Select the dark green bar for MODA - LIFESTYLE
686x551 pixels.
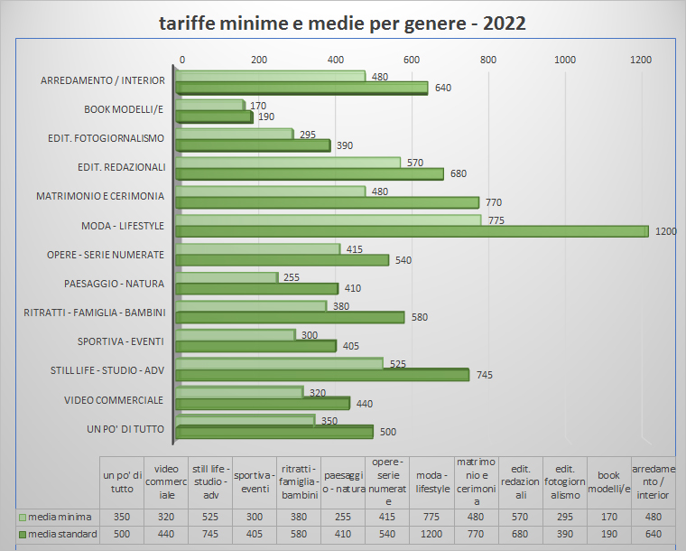[x=411, y=231]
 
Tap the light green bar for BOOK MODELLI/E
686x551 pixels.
[x=209, y=106]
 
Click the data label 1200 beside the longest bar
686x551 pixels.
[x=665, y=231]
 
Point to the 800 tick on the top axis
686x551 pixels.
[x=488, y=60]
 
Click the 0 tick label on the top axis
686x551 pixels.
[x=182, y=60]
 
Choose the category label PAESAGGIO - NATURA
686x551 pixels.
[x=114, y=284]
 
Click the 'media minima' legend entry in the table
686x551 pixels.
[x=56, y=517]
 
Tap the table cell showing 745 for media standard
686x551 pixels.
[x=210, y=535]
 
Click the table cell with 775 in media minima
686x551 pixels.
[x=431, y=517]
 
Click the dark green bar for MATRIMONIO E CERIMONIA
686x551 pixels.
[x=327, y=202]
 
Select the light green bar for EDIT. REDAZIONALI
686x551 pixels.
[x=287, y=163]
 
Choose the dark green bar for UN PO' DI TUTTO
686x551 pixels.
[x=274, y=433]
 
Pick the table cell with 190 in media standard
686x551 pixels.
[x=608, y=535]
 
